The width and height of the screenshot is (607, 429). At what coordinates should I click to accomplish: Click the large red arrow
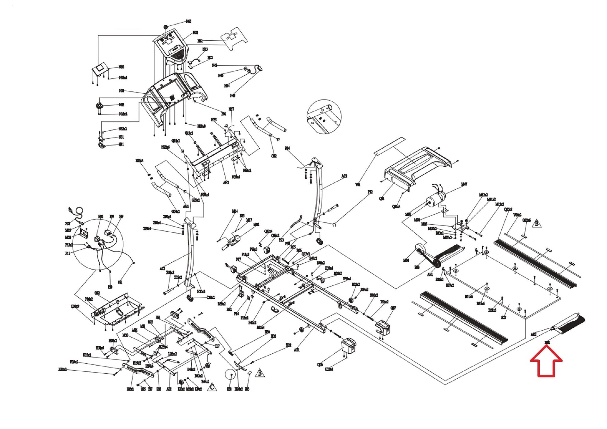(x=546, y=363)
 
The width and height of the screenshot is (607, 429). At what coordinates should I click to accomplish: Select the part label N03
(x=189, y=21)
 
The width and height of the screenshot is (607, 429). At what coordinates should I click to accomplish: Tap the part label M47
(x=464, y=184)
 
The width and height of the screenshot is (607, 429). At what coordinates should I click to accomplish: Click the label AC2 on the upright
(x=344, y=176)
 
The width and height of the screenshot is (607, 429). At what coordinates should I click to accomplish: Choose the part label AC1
(x=162, y=268)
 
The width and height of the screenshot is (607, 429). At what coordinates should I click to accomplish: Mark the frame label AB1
(x=297, y=350)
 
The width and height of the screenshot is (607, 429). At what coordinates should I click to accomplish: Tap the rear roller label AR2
(x=533, y=334)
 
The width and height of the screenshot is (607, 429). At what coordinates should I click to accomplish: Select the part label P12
(x=370, y=192)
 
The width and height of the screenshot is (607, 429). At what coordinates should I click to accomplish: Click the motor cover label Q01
(x=382, y=199)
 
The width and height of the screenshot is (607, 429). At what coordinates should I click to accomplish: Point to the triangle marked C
(x=212, y=387)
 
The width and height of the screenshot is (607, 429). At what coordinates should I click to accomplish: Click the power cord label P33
(x=68, y=224)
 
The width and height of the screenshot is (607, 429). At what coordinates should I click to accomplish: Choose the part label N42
(x=215, y=65)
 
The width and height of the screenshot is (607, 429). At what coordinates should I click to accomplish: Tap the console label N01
(x=121, y=91)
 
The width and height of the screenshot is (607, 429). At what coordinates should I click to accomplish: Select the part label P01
(x=224, y=113)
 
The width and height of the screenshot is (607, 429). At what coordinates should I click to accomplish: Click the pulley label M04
(x=406, y=260)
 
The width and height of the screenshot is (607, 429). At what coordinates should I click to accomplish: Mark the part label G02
(x=274, y=156)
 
